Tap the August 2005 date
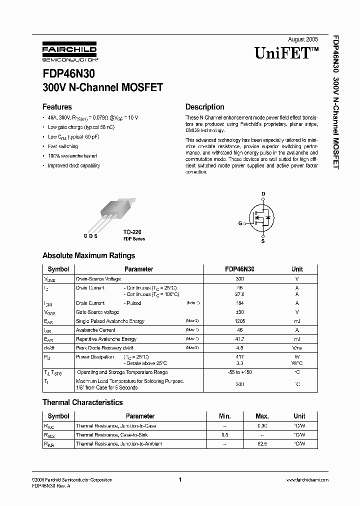303,39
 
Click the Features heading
57,106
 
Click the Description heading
204,106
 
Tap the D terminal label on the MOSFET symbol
263,194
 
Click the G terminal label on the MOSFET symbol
239,223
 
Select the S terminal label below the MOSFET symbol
263,241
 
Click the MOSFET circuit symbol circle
262,217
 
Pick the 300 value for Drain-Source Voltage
239,279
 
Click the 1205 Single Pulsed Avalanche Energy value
239,321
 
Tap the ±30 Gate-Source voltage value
239,311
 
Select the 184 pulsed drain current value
239,303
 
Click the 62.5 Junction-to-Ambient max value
262,443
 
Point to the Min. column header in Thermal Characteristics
225,416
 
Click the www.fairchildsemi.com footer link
307,480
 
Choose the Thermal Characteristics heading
82,402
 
